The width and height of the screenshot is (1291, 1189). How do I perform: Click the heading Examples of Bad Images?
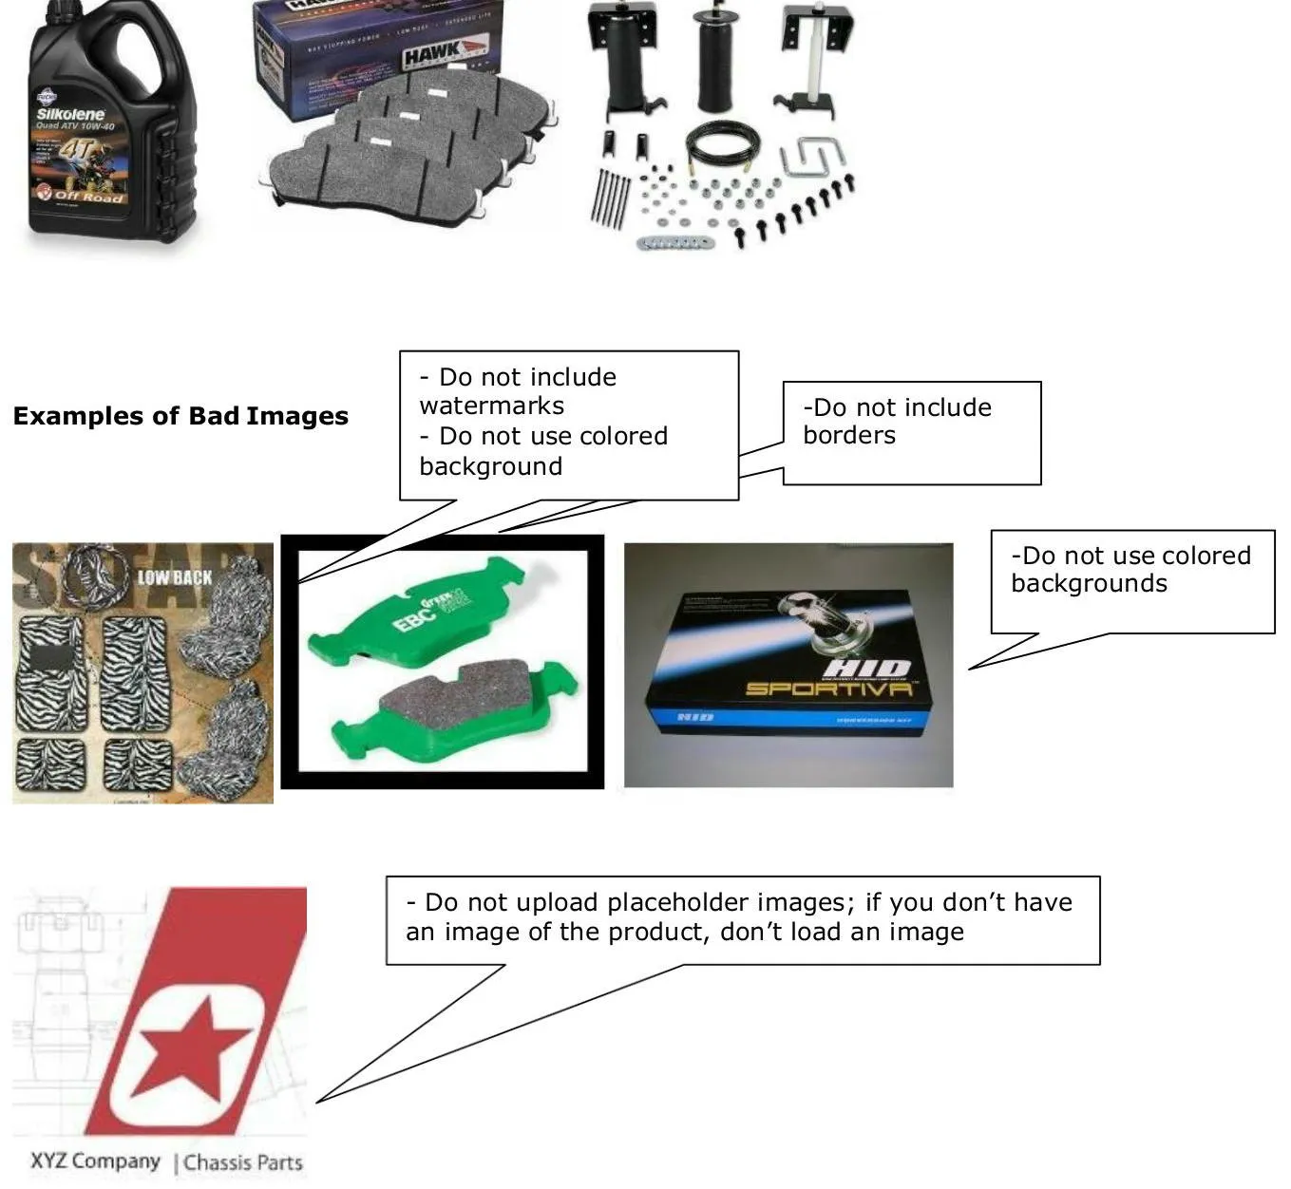tap(180, 416)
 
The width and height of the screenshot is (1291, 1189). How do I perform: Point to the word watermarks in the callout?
tap(491, 406)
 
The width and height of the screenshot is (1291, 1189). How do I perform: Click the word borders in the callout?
tap(848, 436)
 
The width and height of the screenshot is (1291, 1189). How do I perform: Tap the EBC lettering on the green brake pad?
tap(416, 617)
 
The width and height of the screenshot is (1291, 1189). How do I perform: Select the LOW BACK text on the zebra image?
tap(175, 576)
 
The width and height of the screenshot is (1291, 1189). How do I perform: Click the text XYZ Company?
tap(95, 1161)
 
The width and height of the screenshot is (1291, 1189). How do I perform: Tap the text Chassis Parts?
tap(243, 1162)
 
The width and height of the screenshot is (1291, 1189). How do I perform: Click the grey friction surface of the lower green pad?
tap(456, 694)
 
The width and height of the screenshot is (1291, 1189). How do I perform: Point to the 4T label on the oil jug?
tap(77, 152)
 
